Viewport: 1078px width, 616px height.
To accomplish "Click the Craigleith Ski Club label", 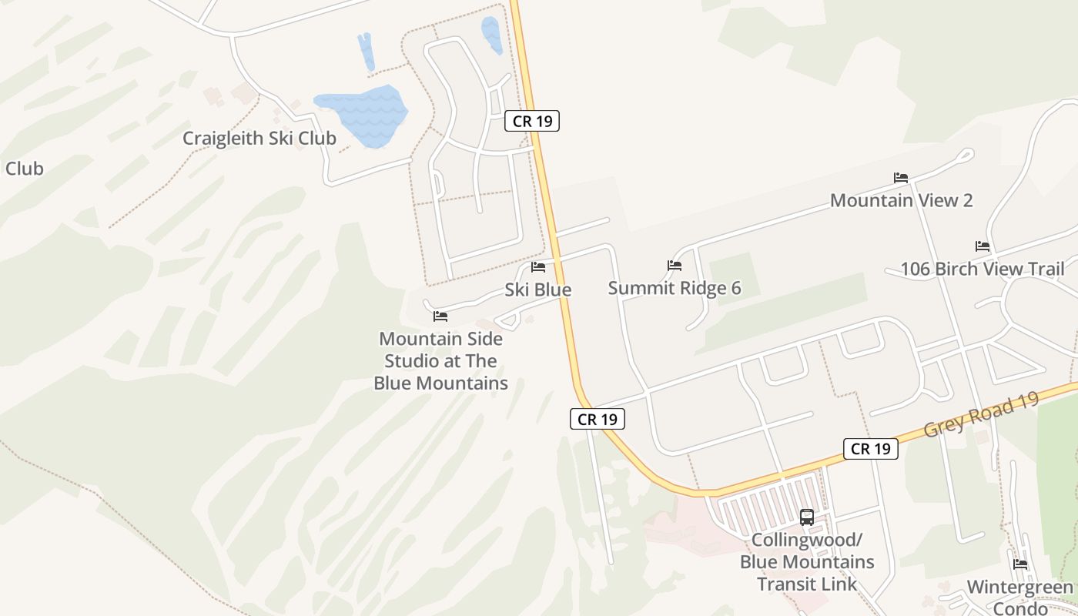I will [259, 139].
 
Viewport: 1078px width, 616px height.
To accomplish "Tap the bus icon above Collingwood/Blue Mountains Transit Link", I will [807, 517].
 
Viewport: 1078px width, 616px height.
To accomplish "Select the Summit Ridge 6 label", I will [675, 288].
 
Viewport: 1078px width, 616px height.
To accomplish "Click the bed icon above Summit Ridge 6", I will [675, 266].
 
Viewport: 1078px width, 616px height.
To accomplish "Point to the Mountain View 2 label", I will [901, 201].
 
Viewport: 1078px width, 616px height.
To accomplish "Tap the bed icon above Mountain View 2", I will [901, 178].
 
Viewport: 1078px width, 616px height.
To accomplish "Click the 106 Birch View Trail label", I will [983, 269].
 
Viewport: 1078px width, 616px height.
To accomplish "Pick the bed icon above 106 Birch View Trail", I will [983, 246].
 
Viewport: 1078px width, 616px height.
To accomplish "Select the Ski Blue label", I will [538, 290].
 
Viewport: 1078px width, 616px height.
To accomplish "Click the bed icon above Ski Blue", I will [538, 267].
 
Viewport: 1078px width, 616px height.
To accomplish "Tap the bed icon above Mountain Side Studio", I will [440, 316].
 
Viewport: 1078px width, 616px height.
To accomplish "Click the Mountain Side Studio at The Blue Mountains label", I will [440, 361].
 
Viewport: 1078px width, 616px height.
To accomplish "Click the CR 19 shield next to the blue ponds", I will [532, 121].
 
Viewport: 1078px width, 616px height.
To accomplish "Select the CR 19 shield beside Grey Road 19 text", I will [871, 449].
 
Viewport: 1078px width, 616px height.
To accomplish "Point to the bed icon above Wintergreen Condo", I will [1020, 564].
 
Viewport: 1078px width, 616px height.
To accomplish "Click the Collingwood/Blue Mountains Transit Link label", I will [807, 561].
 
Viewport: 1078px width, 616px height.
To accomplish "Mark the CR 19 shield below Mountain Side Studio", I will [598, 420].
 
